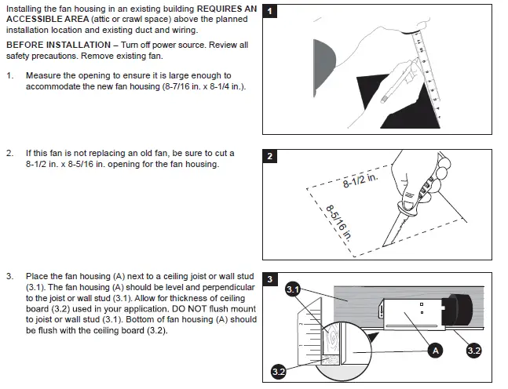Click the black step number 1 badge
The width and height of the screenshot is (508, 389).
(270, 12)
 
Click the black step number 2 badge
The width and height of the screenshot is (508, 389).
(270, 156)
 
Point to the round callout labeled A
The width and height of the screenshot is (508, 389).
(437, 351)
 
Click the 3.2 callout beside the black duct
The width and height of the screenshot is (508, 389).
(474, 351)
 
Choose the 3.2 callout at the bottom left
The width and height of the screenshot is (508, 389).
(278, 372)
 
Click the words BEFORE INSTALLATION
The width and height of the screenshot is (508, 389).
(53, 45)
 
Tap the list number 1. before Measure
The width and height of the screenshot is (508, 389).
(9, 75)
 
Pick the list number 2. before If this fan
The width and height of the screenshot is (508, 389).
(9, 154)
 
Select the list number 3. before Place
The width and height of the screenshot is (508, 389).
(9, 277)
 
